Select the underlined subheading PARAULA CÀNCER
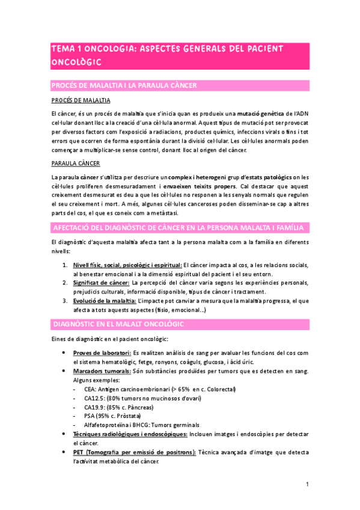(75, 163)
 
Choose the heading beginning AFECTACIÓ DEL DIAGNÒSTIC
(180, 227)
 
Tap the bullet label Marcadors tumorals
(102, 371)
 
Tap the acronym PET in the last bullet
(79, 452)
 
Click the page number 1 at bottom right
(307, 484)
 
